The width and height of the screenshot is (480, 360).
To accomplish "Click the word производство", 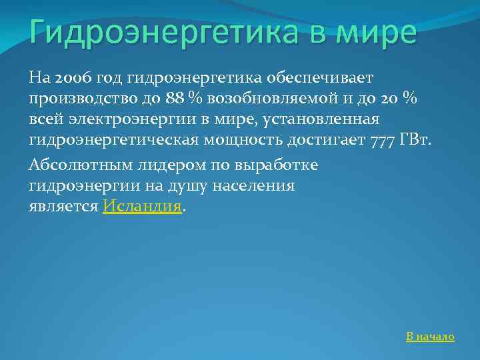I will pyautogui.click(x=80, y=98).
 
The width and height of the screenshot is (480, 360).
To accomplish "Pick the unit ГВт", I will pyautogui.click(x=420, y=141).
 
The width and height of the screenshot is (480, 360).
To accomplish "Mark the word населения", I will pyautogui.click(x=255, y=185).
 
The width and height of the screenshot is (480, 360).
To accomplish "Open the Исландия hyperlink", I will pyautogui.click(x=142, y=207).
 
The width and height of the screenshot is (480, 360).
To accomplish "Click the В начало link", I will pyautogui.click(x=430, y=337).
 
